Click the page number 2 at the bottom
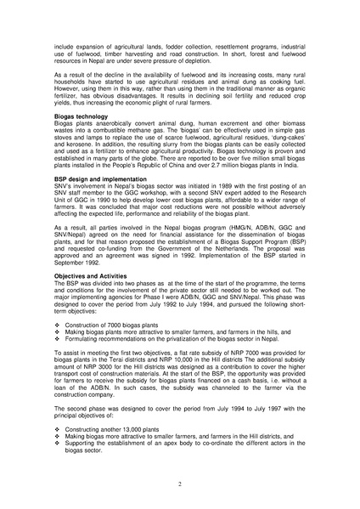180,483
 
